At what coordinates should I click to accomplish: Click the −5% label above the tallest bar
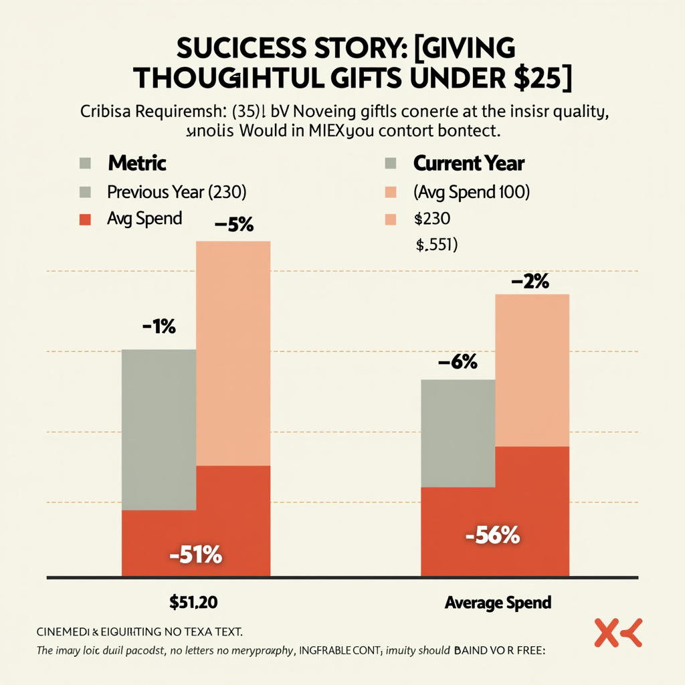(234, 225)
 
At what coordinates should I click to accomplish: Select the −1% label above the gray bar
(159, 328)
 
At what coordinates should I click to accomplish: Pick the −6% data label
(458, 363)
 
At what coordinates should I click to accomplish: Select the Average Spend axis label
(498, 602)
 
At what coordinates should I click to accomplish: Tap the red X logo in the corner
(617, 633)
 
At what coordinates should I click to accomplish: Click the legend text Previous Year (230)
(177, 192)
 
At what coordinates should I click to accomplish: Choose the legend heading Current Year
(469, 163)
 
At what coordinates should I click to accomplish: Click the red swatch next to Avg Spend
(85, 219)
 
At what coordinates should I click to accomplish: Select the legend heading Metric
(137, 163)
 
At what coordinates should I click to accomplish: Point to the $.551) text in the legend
(436, 246)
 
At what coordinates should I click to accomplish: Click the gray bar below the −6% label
(458, 431)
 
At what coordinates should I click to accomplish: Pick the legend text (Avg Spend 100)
(472, 192)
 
